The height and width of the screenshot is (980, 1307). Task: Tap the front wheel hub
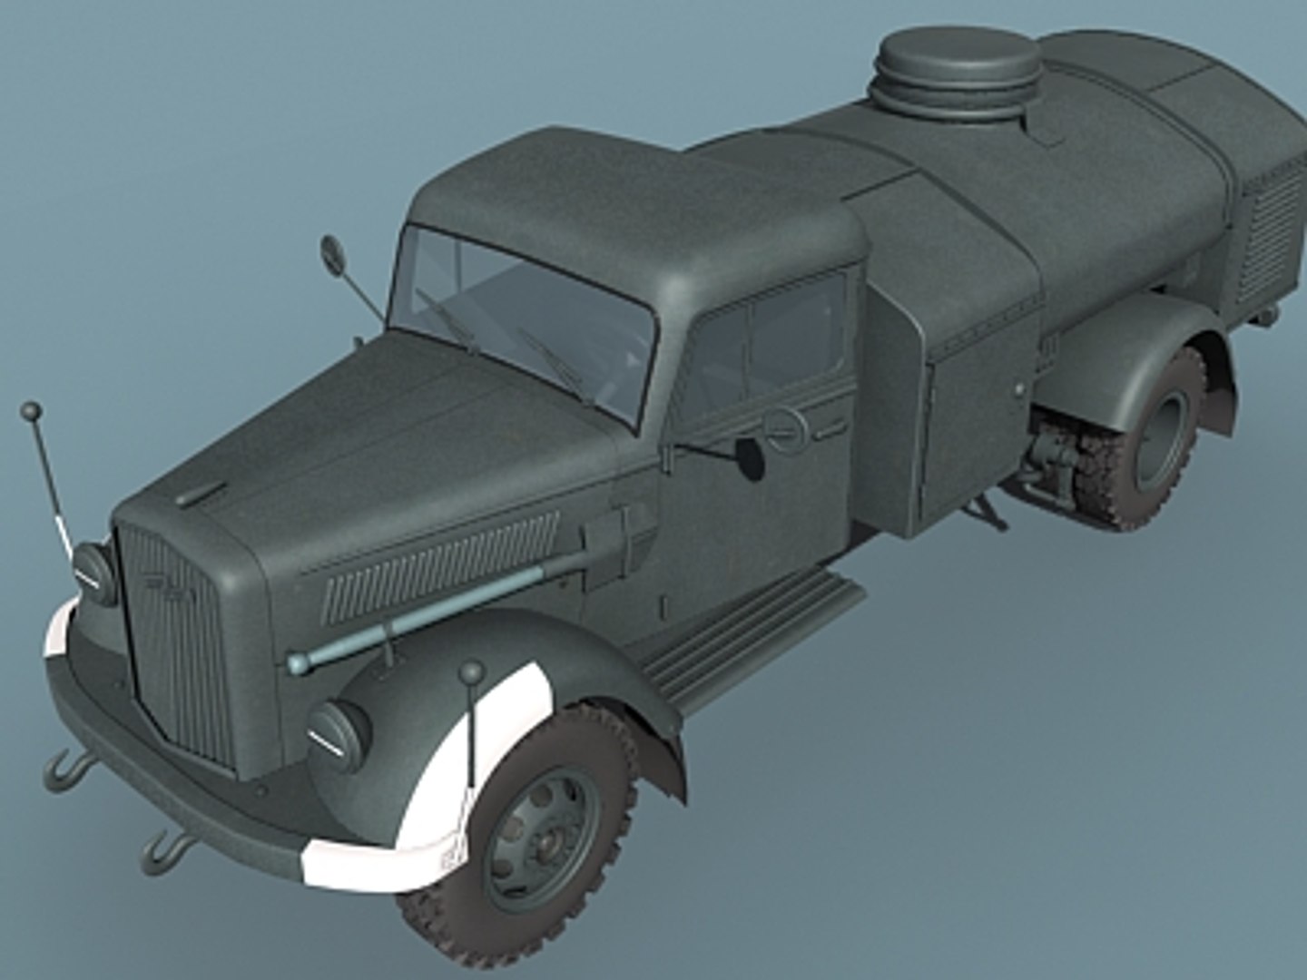[543, 841]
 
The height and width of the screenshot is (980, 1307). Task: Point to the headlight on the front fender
[337, 730]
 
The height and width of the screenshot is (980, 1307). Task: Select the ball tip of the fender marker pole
[472, 672]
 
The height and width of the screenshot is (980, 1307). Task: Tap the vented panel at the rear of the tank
[1271, 231]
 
